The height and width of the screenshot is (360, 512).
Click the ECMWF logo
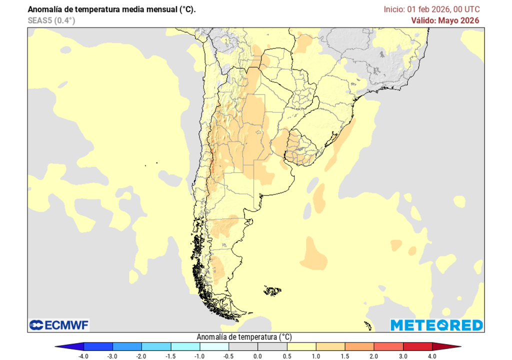coord(59,325)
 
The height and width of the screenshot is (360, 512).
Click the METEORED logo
coord(436,325)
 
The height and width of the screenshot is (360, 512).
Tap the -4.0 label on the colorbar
coord(84,356)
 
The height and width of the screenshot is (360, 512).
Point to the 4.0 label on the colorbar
coord(432,356)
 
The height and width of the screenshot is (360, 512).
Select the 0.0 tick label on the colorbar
coord(257,356)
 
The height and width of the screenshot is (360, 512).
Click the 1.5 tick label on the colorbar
coord(345,356)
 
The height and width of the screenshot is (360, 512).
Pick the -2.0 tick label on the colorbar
coord(141,356)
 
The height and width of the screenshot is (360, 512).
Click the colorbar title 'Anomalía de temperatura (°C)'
coord(244,337)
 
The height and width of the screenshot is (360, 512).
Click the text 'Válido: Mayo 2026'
coord(445,20)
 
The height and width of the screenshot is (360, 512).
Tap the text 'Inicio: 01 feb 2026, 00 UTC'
coord(431,9)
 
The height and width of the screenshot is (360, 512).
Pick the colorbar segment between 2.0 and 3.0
coord(388,346)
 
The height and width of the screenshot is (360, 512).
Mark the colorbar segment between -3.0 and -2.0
coord(127,346)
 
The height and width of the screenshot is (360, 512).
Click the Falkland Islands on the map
coord(273,290)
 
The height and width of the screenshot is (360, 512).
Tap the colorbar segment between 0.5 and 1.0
coord(301,346)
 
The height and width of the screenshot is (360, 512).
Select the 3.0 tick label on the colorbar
coord(403,356)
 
